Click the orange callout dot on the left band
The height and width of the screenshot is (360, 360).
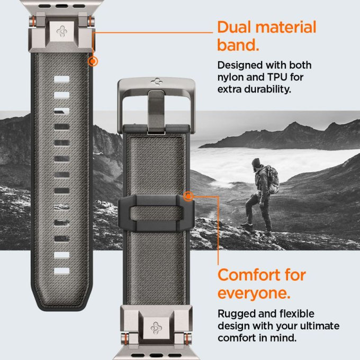point(94,61)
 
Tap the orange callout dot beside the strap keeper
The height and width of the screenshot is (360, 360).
point(187,196)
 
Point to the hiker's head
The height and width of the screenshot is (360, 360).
point(257,163)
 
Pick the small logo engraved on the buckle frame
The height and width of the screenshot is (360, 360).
point(157,83)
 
